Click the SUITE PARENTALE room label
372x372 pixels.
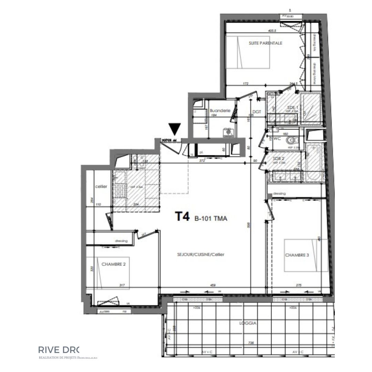266,43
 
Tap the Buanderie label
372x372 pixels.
220,111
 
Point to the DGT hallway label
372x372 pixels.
256,111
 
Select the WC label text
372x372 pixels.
277,139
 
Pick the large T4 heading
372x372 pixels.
183,217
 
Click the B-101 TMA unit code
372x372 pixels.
211,218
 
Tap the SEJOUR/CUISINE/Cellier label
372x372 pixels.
201,254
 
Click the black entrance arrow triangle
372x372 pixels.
175,129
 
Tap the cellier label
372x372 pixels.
101,186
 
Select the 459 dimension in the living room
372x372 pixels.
213,285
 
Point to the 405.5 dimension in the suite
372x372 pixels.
272,31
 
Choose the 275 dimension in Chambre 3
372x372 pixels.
299,285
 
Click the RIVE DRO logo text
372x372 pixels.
59,350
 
